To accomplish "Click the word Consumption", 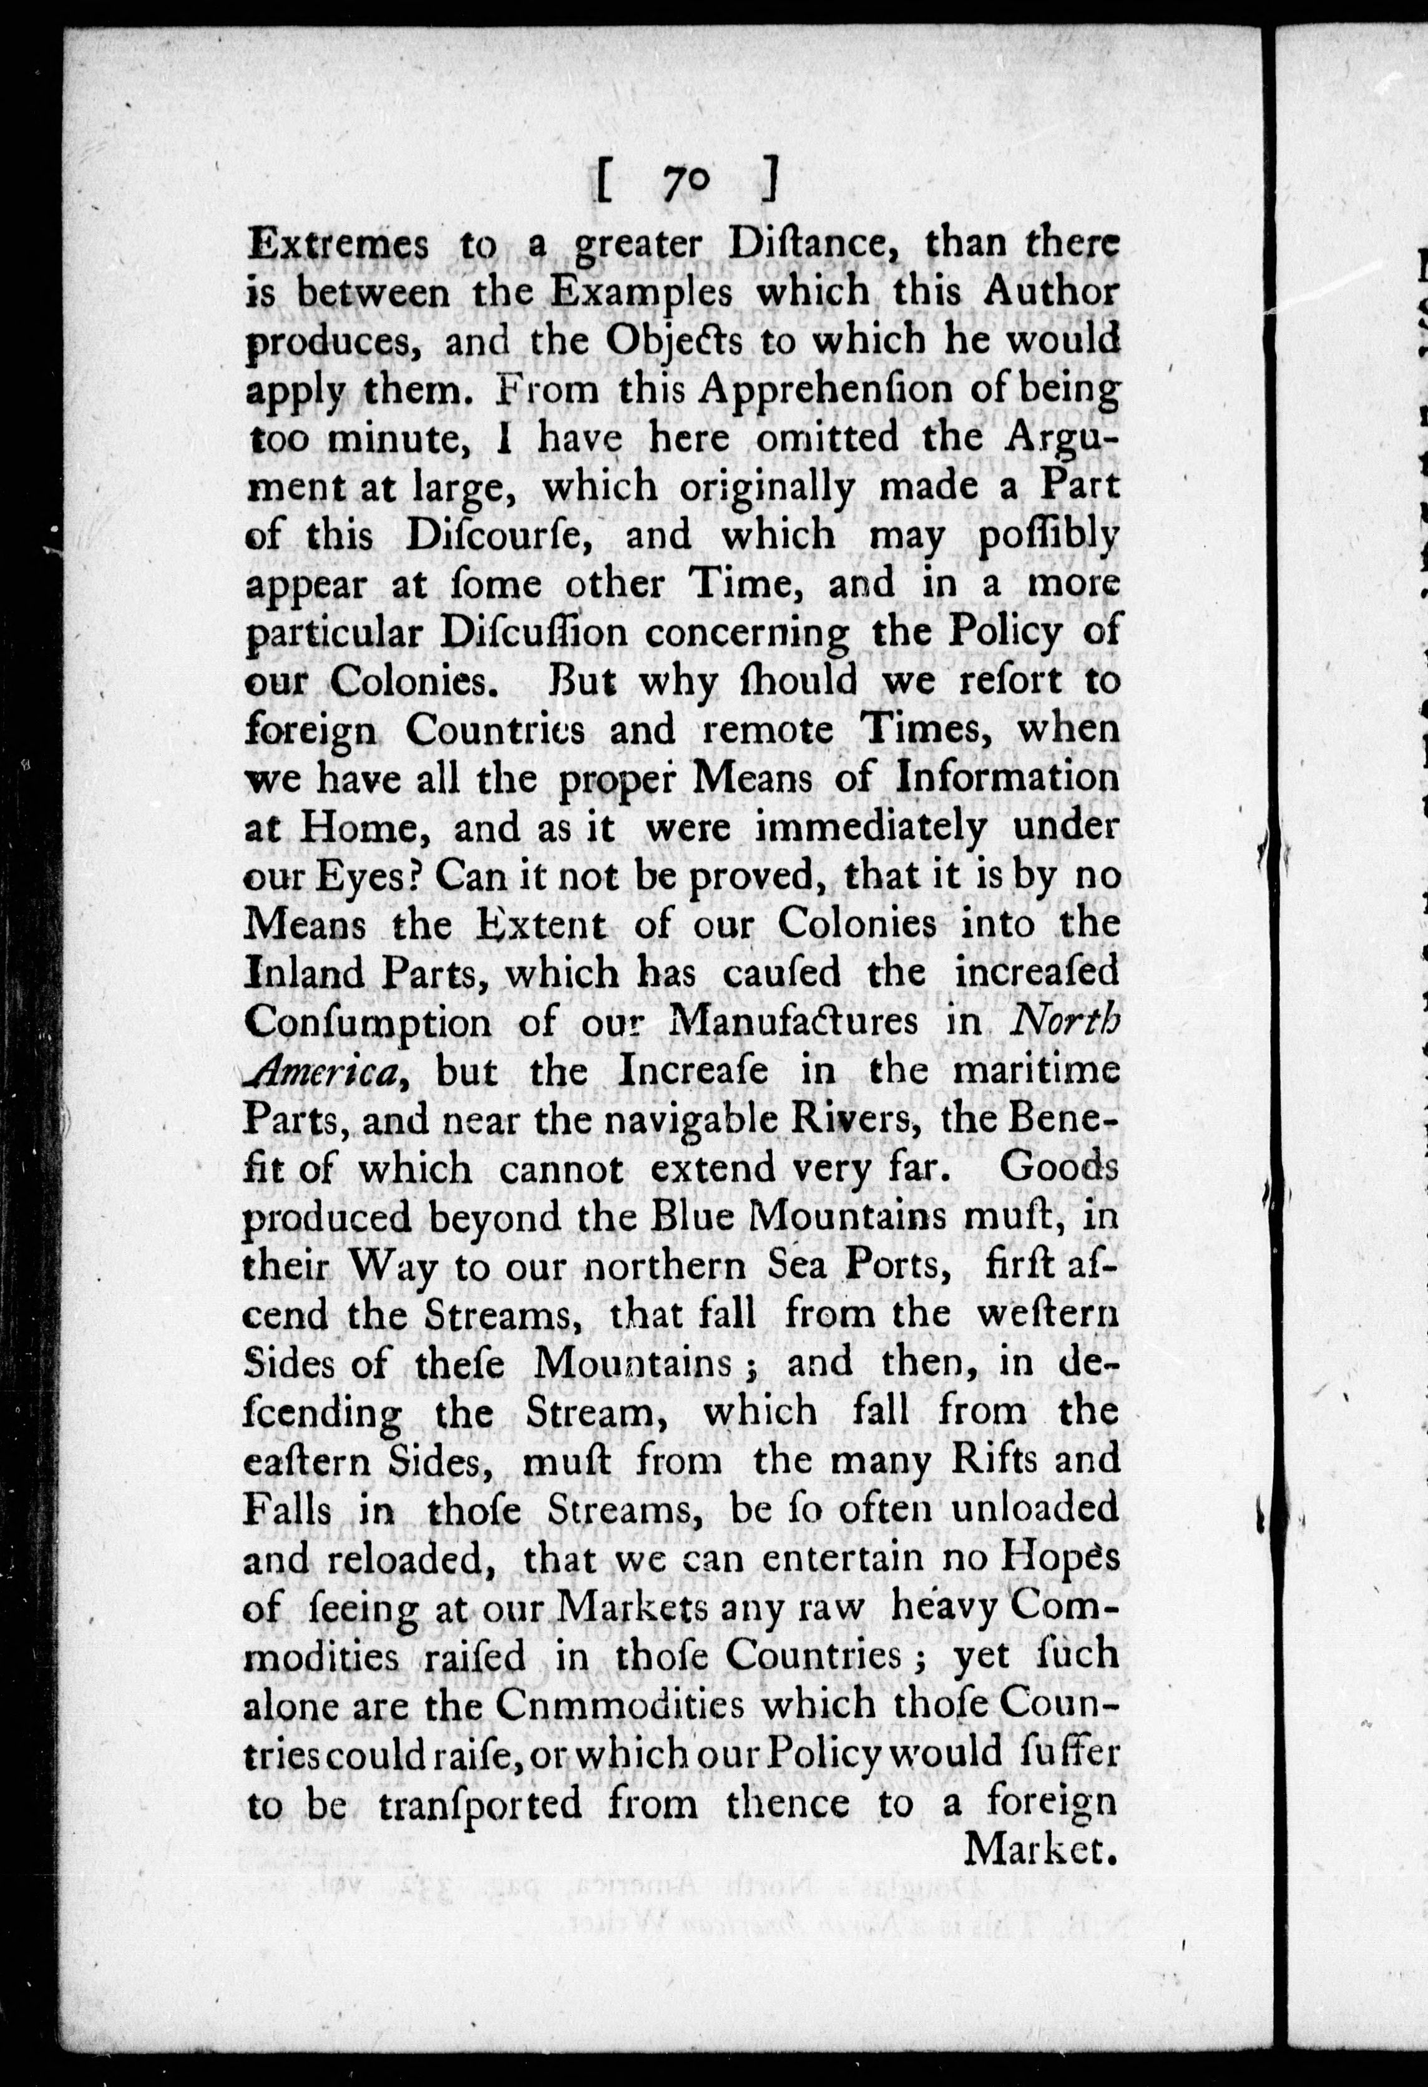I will pyautogui.click(x=368, y=1024).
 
